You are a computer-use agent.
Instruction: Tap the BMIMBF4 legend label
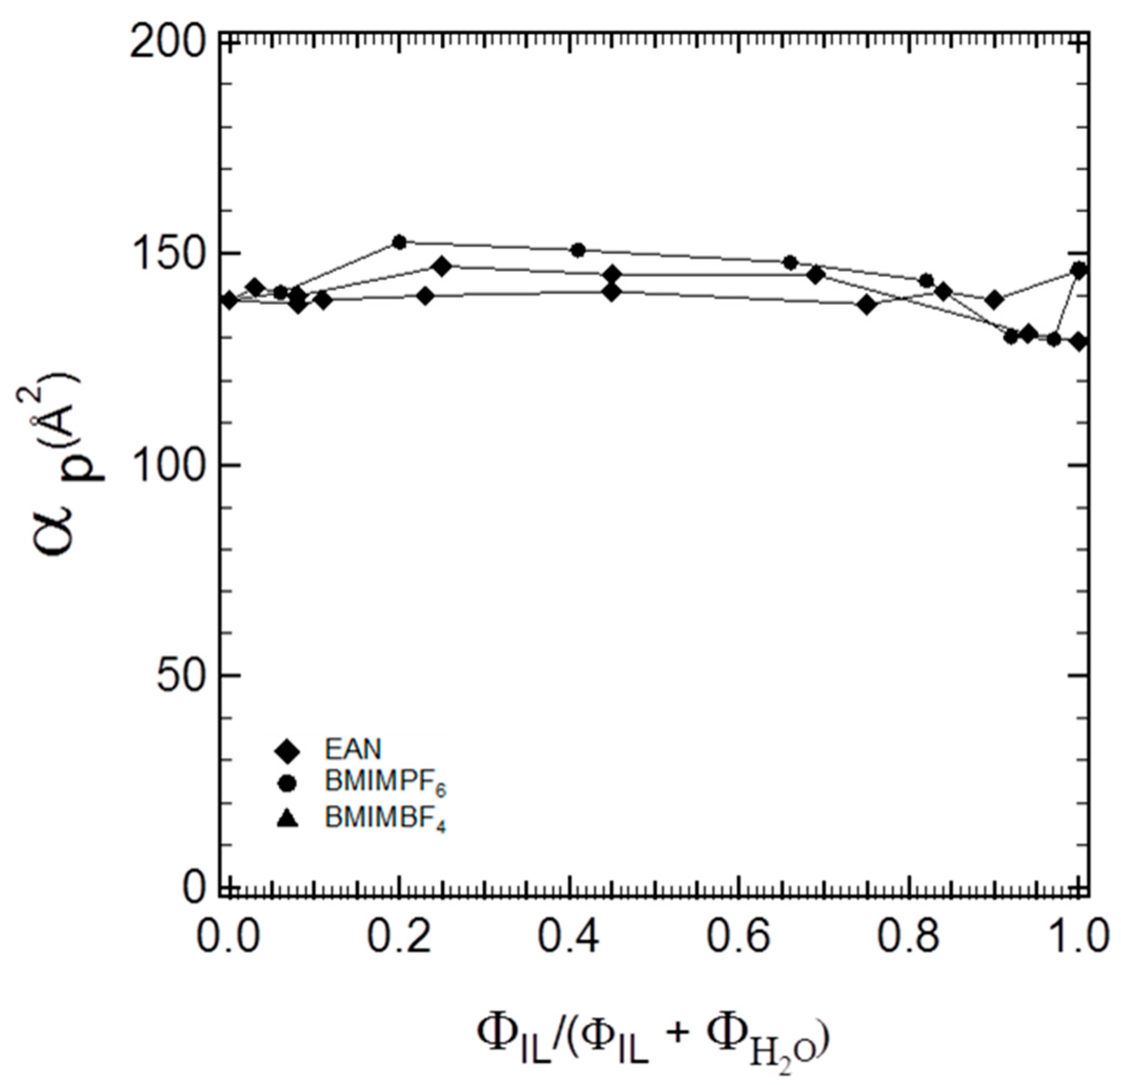tap(385, 819)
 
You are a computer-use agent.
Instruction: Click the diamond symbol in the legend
tap(287, 750)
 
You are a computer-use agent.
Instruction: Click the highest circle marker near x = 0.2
tap(400, 242)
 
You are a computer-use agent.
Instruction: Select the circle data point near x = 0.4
tap(578, 250)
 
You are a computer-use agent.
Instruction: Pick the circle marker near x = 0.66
tap(790, 262)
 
